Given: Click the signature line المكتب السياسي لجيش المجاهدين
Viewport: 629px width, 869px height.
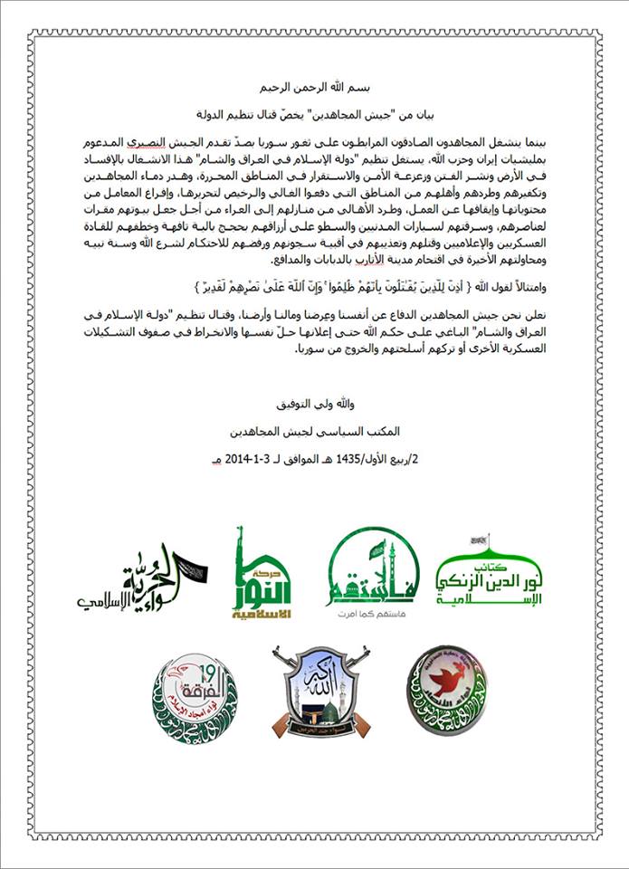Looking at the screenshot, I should (314, 429).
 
